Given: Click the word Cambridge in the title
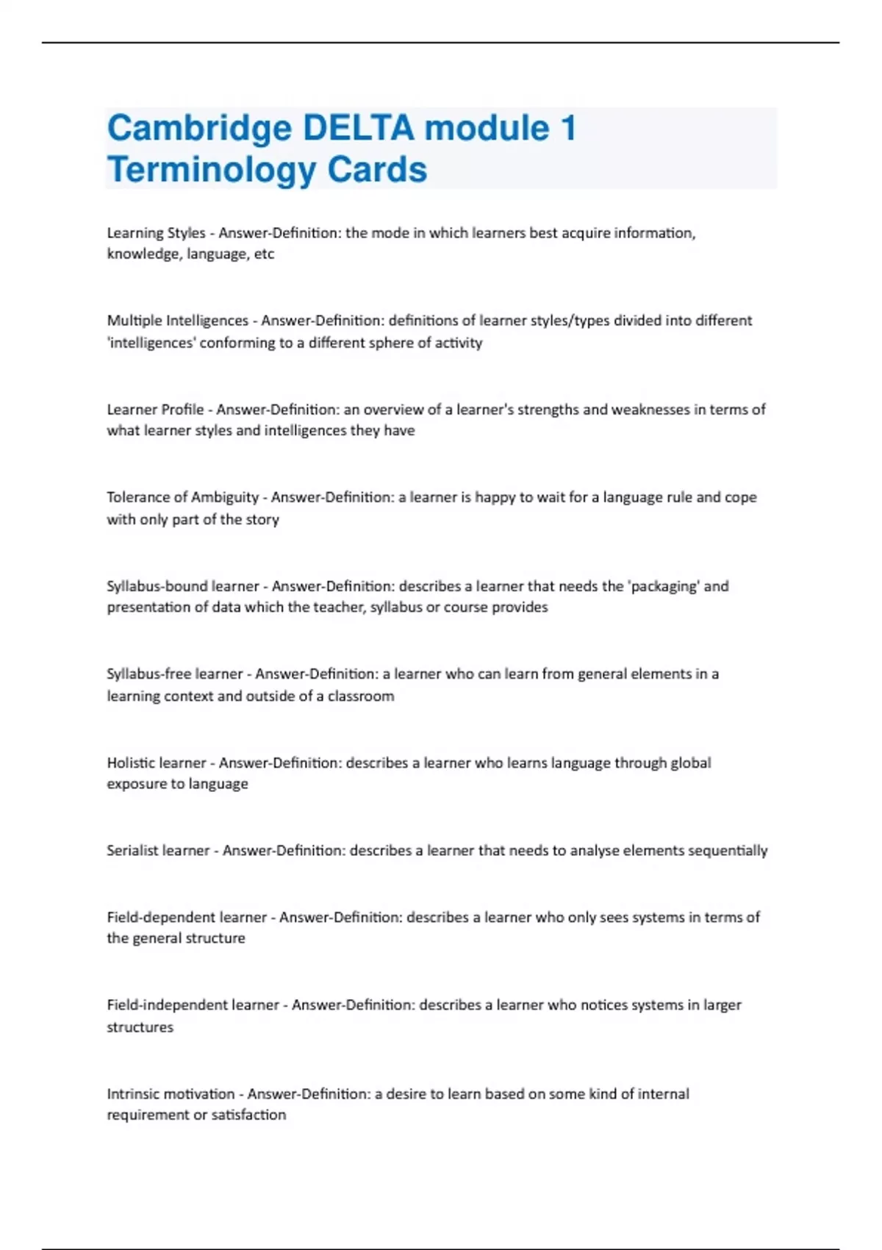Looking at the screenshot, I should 199,129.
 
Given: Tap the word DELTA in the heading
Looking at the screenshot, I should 359,128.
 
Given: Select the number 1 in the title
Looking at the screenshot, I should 567,128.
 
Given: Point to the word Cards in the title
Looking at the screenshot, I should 377,170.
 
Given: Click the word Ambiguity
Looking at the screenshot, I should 225,498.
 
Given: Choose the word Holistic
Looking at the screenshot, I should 131,762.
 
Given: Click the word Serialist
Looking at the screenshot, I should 132,851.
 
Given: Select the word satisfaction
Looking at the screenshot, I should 249,1115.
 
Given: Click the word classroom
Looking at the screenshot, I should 361,696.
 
